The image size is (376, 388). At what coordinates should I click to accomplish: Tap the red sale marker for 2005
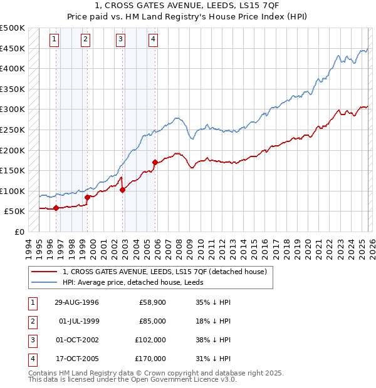tap(155, 162)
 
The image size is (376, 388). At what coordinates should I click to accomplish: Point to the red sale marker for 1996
tap(56, 208)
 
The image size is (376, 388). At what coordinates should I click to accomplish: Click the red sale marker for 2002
tap(122, 190)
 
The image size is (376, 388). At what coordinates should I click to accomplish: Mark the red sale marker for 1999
tap(87, 197)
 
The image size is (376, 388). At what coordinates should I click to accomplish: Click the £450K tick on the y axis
tap(13, 48)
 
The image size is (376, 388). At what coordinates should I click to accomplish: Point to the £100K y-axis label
tap(13, 191)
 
